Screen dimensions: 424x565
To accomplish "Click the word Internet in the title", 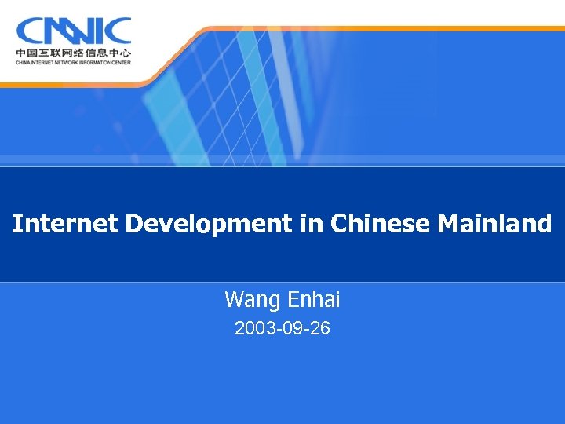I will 65,225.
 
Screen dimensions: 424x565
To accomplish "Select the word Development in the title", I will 208,225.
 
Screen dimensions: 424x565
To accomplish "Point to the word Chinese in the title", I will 381,225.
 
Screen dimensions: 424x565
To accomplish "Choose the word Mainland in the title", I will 494,225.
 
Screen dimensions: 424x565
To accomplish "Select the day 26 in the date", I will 319,329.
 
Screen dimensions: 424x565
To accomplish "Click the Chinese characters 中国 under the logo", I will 26,54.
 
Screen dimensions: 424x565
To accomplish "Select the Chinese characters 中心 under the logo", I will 121,54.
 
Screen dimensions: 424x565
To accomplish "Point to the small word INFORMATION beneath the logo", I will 97,64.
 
